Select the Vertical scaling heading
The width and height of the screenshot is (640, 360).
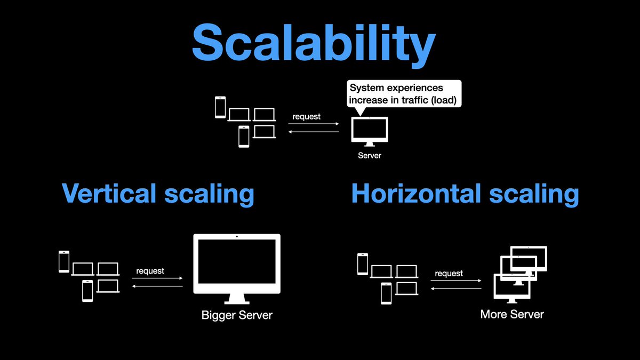pyautogui.click(x=158, y=193)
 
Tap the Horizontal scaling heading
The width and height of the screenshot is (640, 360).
pyautogui.click(x=465, y=193)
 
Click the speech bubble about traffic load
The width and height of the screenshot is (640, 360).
pyautogui.click(x=403, y=94)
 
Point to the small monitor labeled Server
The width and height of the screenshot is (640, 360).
pyautogui.click(x=370, y=129)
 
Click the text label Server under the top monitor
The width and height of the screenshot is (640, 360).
pyautogui.click(x=370, y=156)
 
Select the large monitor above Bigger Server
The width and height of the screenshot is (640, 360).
pyautogui.click(x=236, y=264)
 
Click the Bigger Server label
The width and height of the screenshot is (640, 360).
pyautogui.click(x=237, y=315)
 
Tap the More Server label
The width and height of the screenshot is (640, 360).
pyautogui.click(x=512, y=314)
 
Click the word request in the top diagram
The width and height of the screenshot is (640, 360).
pyautogui.click(x=307, y=116)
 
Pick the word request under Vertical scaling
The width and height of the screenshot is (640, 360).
pyautogui.click(x=150, y=271)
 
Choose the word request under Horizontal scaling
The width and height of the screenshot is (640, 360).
pyautogui.click(x=449, y=273)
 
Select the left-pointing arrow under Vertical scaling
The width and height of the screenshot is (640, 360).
pyautogui.click(x=157, y=287)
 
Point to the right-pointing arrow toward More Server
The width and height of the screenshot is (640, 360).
pyautogui.click(x=456, y=281)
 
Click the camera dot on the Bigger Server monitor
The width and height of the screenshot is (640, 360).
pyautogui.click(x=236, y=236)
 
